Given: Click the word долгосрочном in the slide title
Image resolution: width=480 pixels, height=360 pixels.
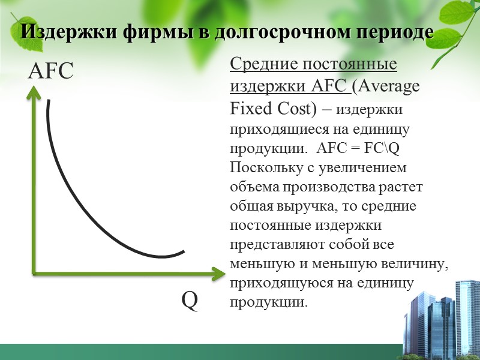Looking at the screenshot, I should click(x=275, y=32).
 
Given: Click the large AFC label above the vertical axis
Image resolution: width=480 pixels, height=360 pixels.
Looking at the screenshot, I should click(x=50, y=72).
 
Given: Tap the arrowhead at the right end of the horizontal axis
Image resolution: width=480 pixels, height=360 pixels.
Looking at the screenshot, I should click(x=217, y=275).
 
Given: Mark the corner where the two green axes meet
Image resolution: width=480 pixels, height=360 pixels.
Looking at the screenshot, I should click(x=34, y=274).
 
